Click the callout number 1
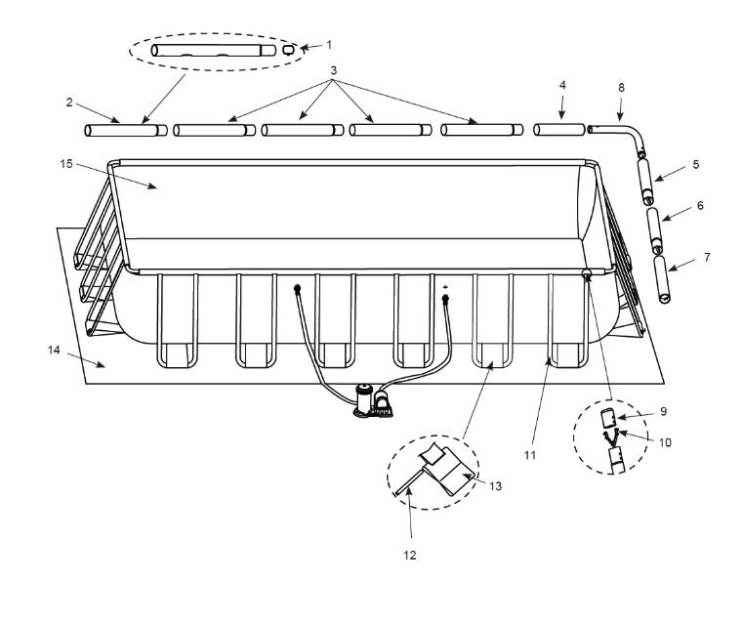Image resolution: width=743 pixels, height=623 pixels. tap(329, 45)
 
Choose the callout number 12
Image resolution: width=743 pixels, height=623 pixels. tap(409, 556)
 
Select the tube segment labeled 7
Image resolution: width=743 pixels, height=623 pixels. tap(666, 280)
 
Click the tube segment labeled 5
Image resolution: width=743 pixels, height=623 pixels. tap(645, 181)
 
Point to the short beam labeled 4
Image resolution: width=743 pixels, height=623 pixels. tap(560, 129)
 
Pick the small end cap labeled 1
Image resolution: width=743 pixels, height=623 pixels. tap(288, 49)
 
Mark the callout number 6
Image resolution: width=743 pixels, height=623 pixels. tap(700, 206)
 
